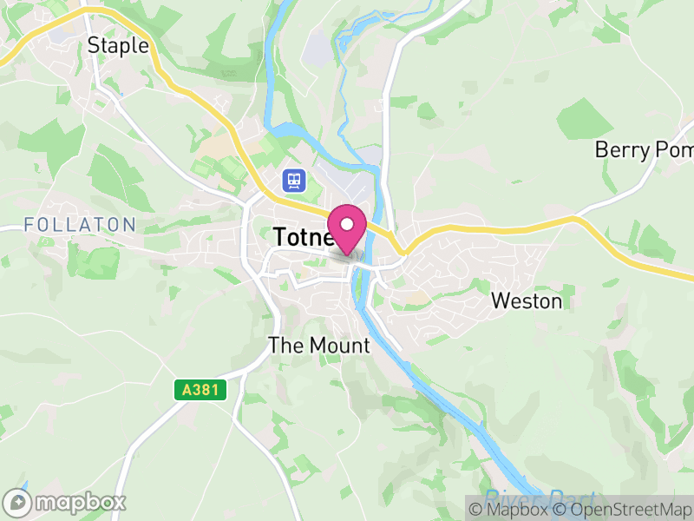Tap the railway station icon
click(294, 181)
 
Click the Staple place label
click(118, 46)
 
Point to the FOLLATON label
click(80, 225)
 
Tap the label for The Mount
click(319, 346)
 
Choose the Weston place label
click(527, 301)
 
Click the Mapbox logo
click(65, 502)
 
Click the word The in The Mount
click(285, 346)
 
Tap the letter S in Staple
click(94, 46)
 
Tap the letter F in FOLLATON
click(29, 225)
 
